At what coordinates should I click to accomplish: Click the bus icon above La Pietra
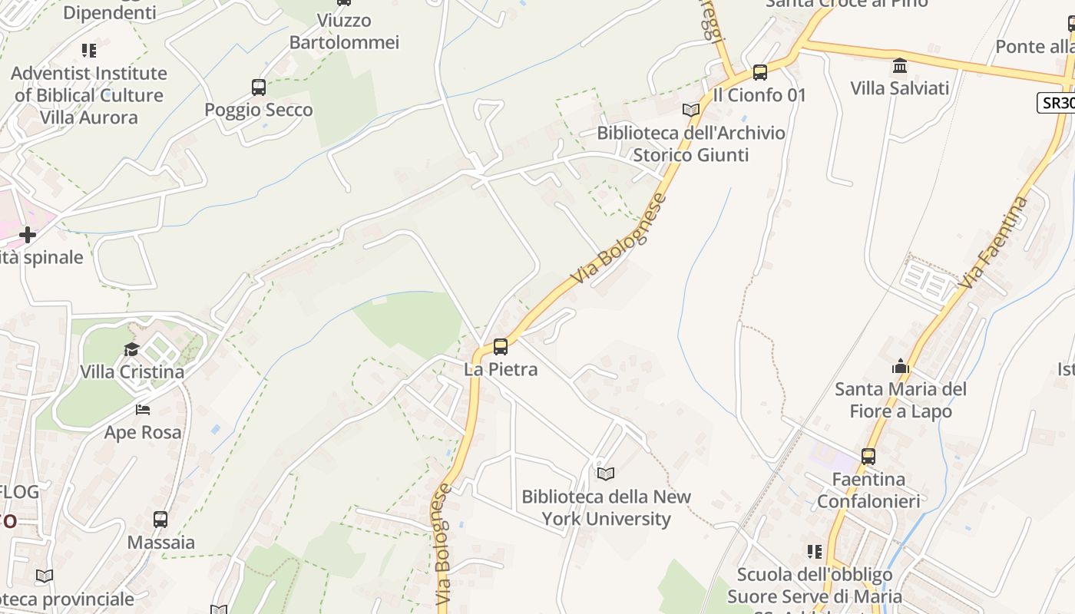pos(501,347)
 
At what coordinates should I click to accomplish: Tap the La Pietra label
pos(501,369)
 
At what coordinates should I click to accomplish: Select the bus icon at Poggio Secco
pos(259,87)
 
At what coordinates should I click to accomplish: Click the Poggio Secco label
pos(259,110)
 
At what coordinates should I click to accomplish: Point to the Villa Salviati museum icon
pos(900,66)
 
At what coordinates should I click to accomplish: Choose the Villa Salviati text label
pos(900,87)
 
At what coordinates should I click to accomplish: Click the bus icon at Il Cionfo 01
pos(760,73)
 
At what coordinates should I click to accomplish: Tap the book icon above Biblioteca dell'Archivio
pos(691,110)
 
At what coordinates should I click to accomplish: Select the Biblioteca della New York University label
pos(607,507)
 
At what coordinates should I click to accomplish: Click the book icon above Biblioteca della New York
pos(606,474)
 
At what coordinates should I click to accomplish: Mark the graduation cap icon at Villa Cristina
pos(132,350)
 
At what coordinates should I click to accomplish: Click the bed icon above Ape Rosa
pos(143,410)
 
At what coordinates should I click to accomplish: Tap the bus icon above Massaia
pos(160,520)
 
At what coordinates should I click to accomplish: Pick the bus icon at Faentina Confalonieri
pos(868,457)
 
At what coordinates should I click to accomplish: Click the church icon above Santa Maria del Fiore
pos(901,367)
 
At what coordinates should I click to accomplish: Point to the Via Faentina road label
pos(993,243)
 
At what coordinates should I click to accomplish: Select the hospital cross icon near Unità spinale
pos(28,234)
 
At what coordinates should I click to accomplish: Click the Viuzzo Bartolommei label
pos(344,31)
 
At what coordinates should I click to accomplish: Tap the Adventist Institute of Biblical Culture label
pos(89,95)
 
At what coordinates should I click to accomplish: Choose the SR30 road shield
pos(1057,103)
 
